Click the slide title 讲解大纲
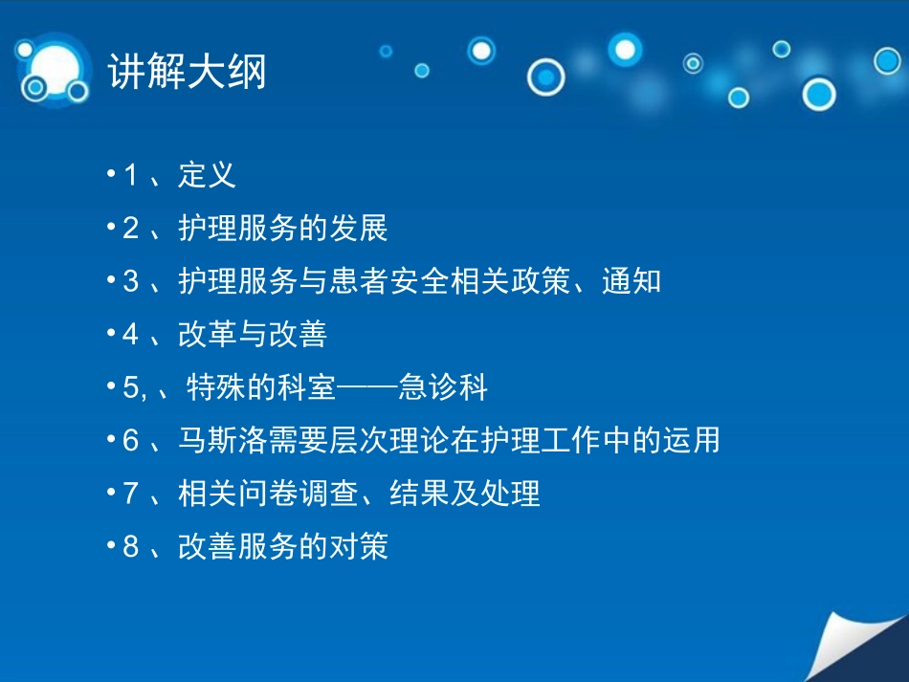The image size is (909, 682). click(187, 73)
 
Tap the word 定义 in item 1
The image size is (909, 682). click(207, 176)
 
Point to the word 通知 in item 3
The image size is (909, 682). click(632, 282)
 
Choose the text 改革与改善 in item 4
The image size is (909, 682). click(253, 335)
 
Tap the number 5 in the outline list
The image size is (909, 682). click(131, 388)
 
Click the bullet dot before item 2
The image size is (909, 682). click(112, 231)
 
